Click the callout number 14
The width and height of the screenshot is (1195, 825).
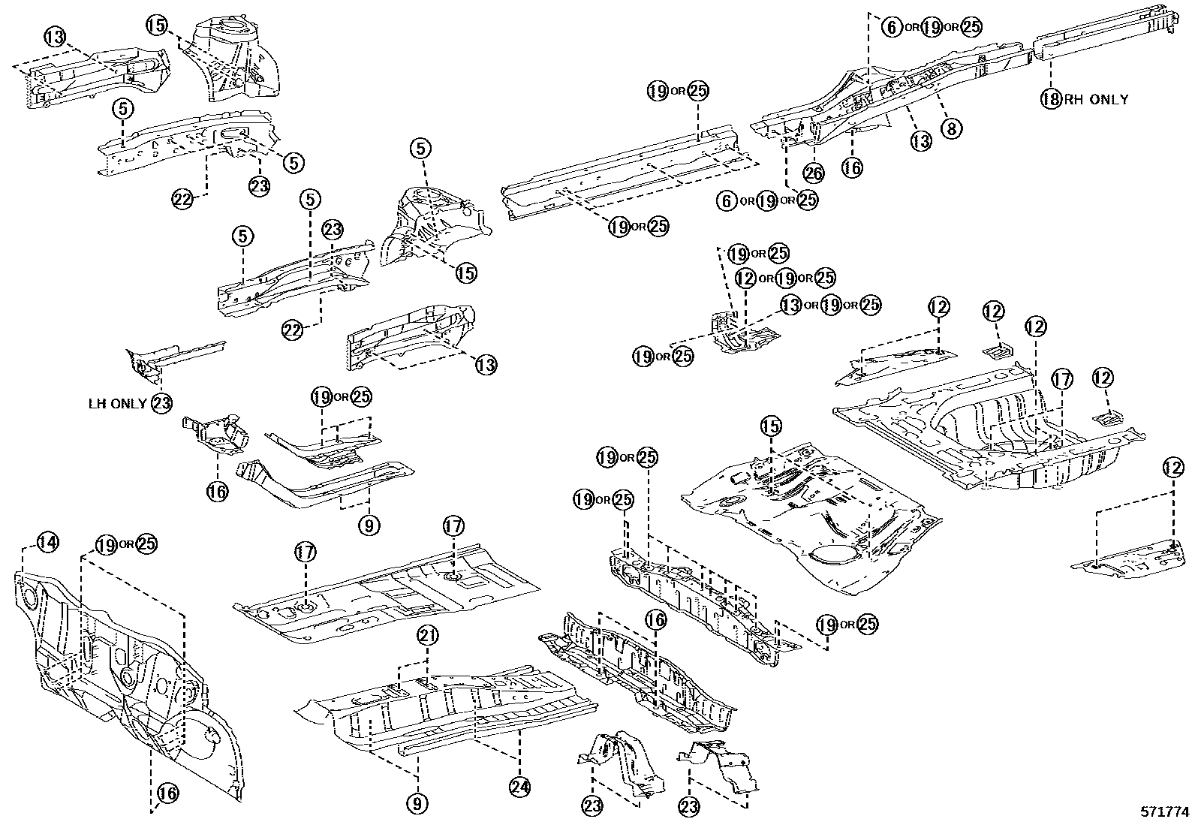coord(47,542)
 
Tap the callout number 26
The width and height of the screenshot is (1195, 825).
coord(814,173)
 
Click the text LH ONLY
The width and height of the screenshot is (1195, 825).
coord(118,403)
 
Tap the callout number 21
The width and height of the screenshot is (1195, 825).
coord(427,637)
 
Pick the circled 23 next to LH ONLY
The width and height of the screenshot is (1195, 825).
coord(161,403)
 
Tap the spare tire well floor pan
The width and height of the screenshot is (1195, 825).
coord(811,518)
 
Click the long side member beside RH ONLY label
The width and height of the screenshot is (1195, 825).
coord(1103,34)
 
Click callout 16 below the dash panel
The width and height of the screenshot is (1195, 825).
coord(167,793)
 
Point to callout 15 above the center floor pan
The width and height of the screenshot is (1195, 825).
coord(771,426)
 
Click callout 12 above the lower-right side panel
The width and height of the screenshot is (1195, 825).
coord(1172,468)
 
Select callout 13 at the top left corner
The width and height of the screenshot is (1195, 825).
coord(55,35)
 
